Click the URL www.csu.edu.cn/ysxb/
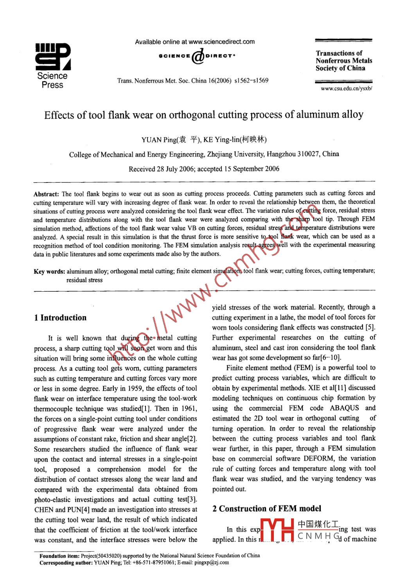(x=346, y=88)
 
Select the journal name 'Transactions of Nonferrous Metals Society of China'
(x=343, y=61)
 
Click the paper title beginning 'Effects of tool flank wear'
(x=203, y=115)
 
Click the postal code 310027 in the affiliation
(x=309, y=154)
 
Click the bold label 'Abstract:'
(x=46, y=194)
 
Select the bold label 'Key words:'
(x=49, y=271)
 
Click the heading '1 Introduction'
(x=60, y=318)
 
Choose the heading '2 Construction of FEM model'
(x=266, y=509)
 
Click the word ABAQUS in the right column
(x=344, y=408)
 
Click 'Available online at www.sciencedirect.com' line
(x=195, y=42)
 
